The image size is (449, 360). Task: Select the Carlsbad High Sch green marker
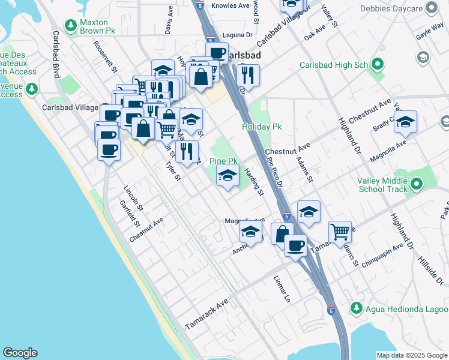click(x=377, y=64)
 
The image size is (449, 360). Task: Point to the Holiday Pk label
click(x=261, y=127)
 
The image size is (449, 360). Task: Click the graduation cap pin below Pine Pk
click(x=228, y=176)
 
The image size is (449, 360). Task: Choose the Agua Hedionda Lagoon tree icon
click(x=356, y=308)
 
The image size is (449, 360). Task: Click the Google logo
click(x=20, y=353)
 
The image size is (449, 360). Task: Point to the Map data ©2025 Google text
click(x=411, y=355)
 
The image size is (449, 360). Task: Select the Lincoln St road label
click(x=133, y=199)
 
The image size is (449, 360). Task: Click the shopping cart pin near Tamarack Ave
click(x=340, y=231)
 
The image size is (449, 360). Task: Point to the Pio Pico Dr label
click(x=274, y=168)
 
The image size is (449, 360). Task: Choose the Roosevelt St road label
click(x=104, y=57)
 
